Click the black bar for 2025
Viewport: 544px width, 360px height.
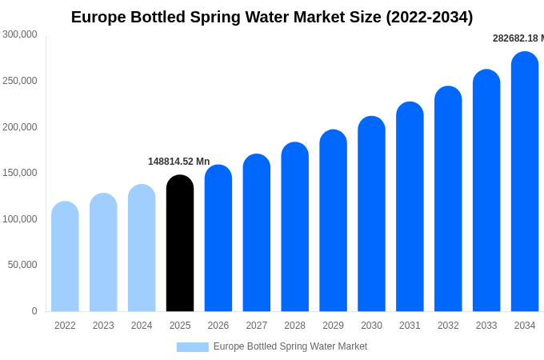pyautogui.click(x=180, y=244)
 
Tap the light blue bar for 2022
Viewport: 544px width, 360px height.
pyautogui.click(x=65, y=257)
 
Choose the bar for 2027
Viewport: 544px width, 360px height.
pyautogui.click(x=257, y=233)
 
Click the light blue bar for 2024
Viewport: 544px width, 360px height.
pyautogui.click(x=142, y=249)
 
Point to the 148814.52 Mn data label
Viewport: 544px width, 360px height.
pyautogui.click(x=178, y=162)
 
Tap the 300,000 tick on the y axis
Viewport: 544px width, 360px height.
pyautogui.click(x=20, y=34)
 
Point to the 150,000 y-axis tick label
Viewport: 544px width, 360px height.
pyautogui.click(x=20, y=173)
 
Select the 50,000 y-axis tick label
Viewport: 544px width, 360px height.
pyautogui.click(x=22, y=265)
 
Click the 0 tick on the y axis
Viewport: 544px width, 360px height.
pyautogui.click(x=34, y=311)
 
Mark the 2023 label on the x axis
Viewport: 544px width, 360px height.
pyautogui.click(x=103, y=326)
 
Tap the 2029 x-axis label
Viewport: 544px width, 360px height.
pyautogui.click(x=333, y=326)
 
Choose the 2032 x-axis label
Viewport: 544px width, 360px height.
pyautogui.click(x=448, y=326)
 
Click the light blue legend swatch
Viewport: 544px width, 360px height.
pyautogui.click(x=192, y=347)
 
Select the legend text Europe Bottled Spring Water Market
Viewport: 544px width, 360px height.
pyautogui.click(x=290, y=346)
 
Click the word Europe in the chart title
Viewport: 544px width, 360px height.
pyautogui.click(x=98, y=17)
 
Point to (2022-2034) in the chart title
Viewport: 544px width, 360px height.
pyautogui.click(x=430, y=17)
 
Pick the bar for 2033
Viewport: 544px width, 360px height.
pyautogui.click(x=486, y=191)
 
